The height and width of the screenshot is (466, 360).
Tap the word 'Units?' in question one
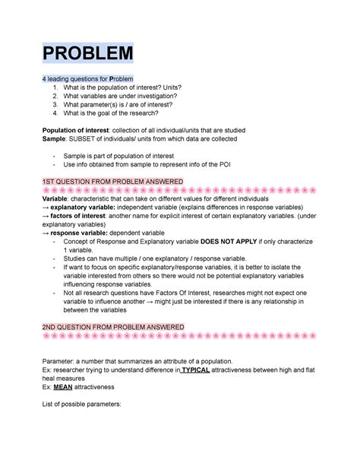pos(166,87)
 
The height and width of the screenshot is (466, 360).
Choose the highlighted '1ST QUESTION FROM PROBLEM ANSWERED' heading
pos(112,181)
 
